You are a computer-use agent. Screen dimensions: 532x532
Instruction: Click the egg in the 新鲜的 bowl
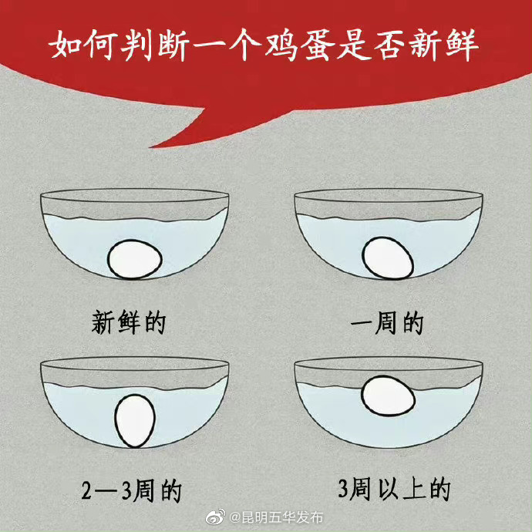click(135, 259)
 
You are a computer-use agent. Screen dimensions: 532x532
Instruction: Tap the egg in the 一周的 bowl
click(387, 258)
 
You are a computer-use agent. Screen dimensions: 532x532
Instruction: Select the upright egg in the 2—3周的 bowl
click(135, 421)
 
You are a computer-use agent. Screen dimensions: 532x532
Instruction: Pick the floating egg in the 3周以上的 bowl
click(388, 395)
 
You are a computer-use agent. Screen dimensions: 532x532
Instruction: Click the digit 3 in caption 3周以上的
click(344, 489)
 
